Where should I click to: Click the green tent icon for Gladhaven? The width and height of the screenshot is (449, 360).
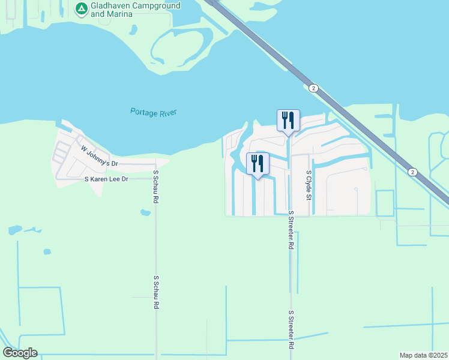pos(80,8)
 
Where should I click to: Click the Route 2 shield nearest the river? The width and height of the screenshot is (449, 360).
pos(313,88)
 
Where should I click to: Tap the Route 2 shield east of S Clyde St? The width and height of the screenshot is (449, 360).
pos(412,172)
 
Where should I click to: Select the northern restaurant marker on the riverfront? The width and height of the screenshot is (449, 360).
pos(288,121)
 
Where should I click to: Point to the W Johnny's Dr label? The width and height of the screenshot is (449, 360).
pos(100,156)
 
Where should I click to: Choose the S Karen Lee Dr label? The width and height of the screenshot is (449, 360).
pos(107,179)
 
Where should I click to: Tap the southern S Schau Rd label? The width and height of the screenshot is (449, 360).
pos(155,292)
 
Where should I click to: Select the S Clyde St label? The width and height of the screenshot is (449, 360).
pos(309,184)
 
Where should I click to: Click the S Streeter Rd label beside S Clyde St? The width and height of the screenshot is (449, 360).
pos(291,230)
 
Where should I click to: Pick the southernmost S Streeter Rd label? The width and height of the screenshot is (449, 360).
pos(291,329)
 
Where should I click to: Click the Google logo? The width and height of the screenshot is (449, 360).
pos(20,353)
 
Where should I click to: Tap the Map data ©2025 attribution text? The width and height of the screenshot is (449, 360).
pos(424,355)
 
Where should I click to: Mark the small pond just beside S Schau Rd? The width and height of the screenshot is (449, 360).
pos(144,212)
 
